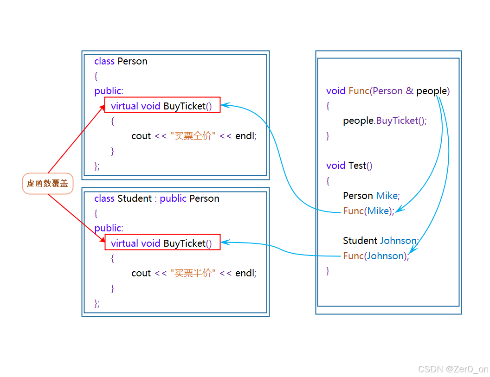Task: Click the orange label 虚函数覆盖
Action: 47,184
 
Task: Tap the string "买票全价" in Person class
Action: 193,136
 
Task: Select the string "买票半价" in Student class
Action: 193,273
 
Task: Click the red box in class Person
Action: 162,106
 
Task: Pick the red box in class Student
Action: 162,243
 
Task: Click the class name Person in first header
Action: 132,61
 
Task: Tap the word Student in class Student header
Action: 135,198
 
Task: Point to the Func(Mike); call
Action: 368,211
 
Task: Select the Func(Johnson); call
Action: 376,256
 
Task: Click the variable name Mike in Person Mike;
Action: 387,196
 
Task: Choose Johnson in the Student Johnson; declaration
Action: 398,241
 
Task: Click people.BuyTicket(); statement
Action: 385,121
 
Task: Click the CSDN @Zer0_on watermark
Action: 453,369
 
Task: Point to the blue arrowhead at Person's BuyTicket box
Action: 224,105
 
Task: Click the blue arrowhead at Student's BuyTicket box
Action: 224,243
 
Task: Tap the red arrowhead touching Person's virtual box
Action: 103,108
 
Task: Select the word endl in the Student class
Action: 245,273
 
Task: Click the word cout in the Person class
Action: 141,136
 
